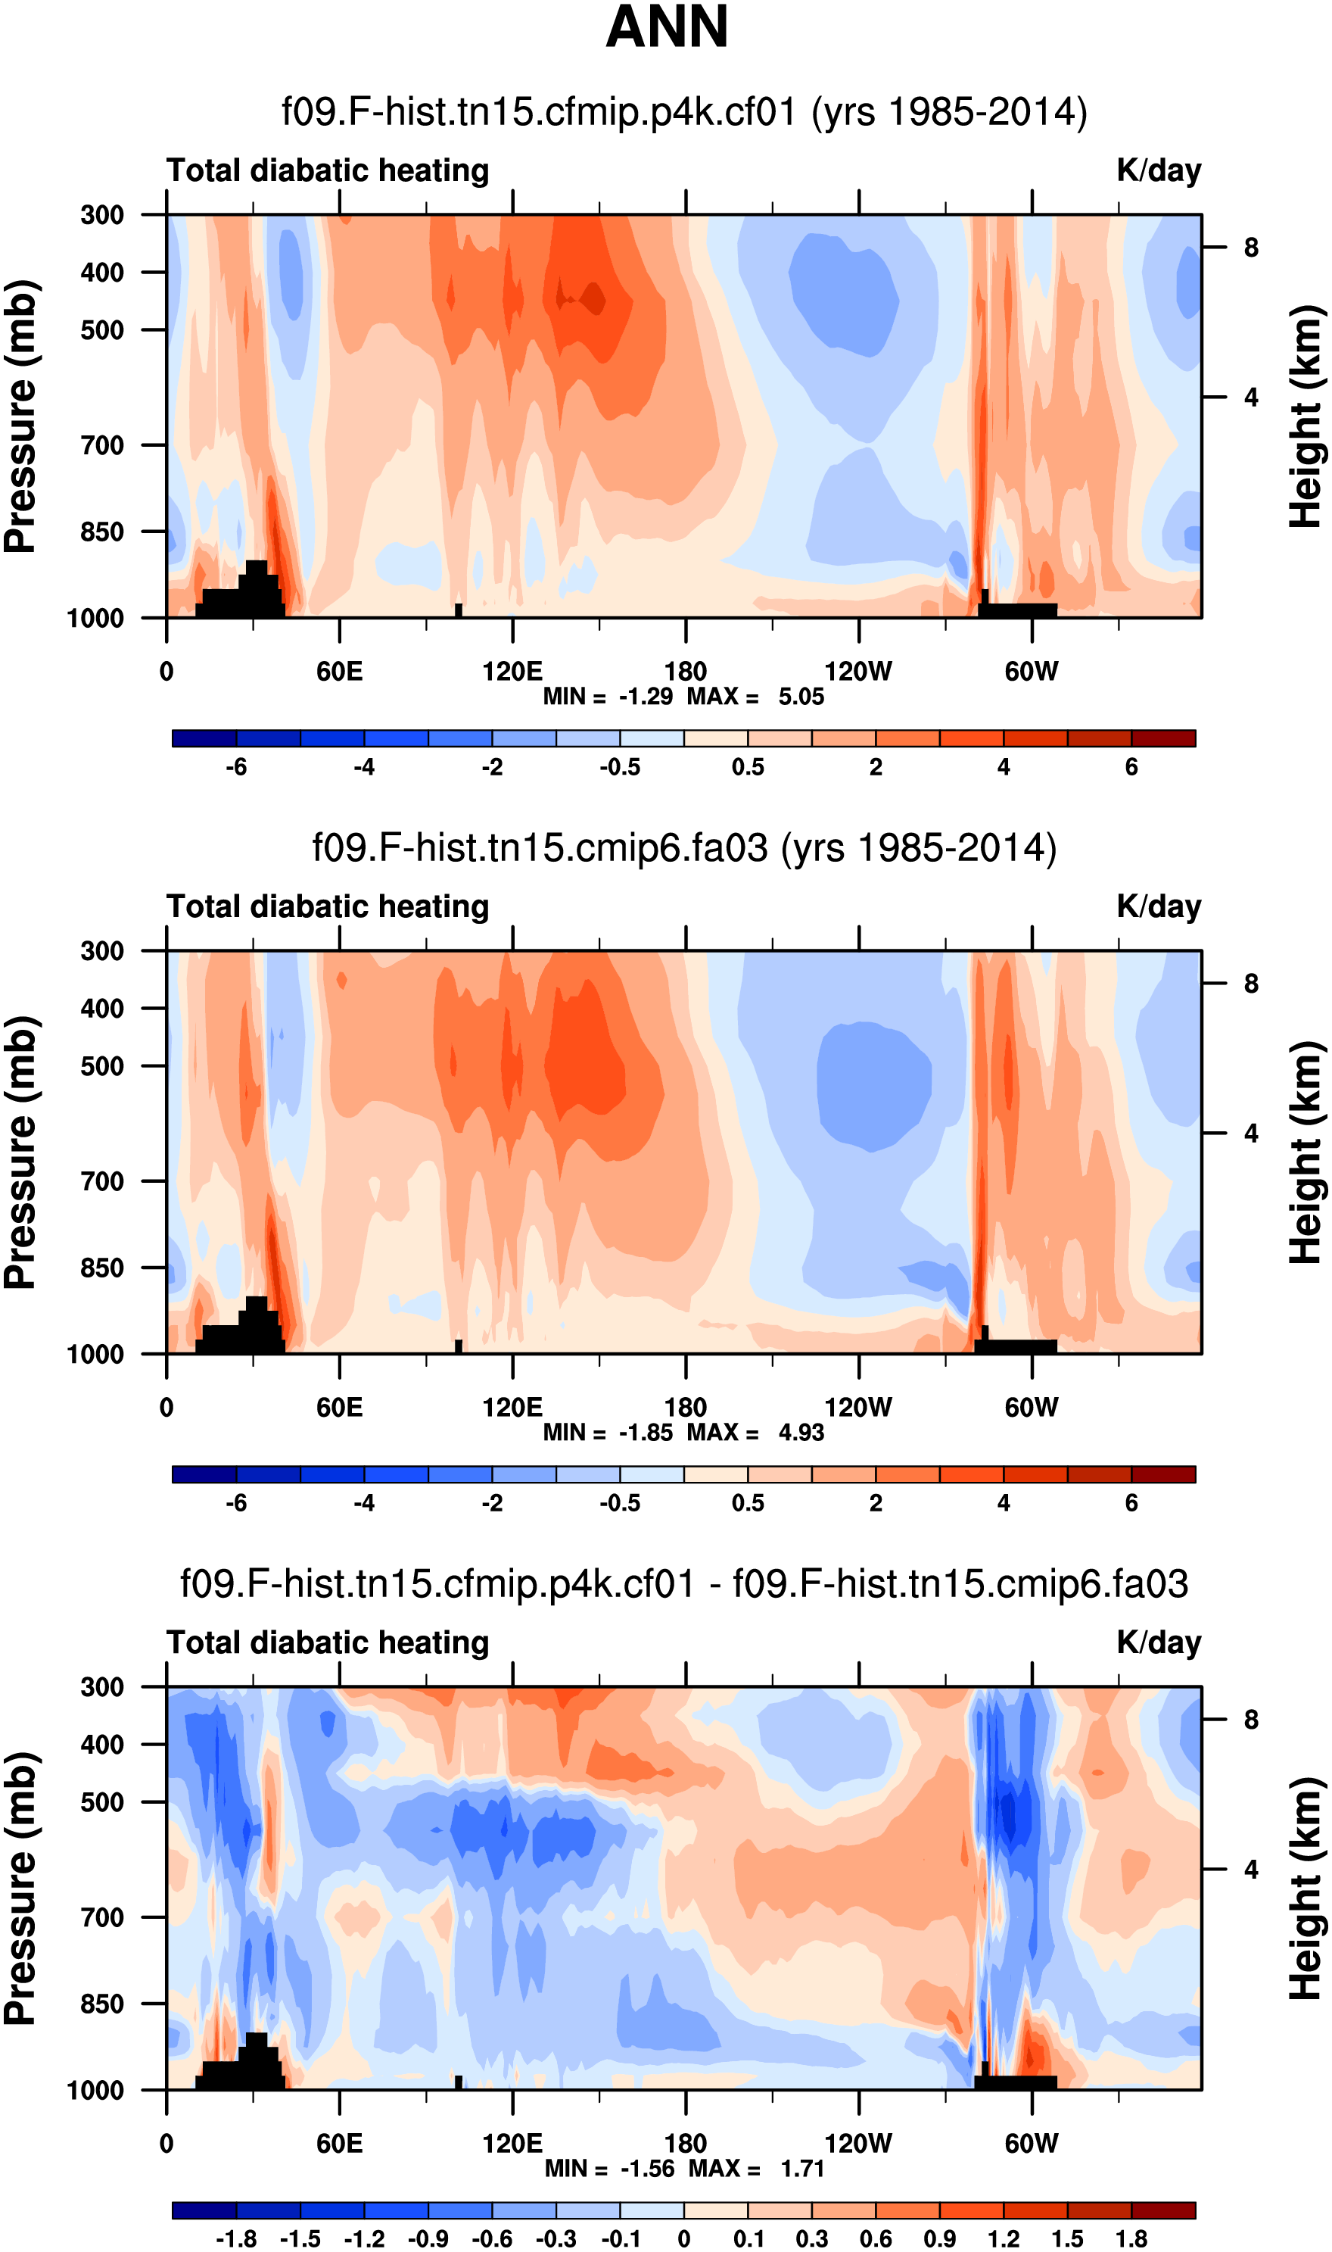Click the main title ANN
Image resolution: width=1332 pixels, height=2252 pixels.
[x=667, y=28]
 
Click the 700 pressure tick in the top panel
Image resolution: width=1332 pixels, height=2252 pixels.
[x=102, y=445]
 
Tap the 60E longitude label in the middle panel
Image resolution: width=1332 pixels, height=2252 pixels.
[x=339, y=1407]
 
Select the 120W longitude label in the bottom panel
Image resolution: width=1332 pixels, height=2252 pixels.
[x=858, y=2144]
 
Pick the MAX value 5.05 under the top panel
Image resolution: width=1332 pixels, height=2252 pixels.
[x=801, y=697]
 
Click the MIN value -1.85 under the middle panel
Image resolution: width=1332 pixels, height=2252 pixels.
[x=646, y=1432]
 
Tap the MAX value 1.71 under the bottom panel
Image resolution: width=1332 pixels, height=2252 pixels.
[x=801, y=2169]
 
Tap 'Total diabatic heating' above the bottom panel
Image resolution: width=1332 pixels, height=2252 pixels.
[x=328, y=1642]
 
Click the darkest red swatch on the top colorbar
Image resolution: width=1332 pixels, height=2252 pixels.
[x=1162, y=739]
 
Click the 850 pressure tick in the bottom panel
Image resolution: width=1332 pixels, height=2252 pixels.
[x=102, y=2004]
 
